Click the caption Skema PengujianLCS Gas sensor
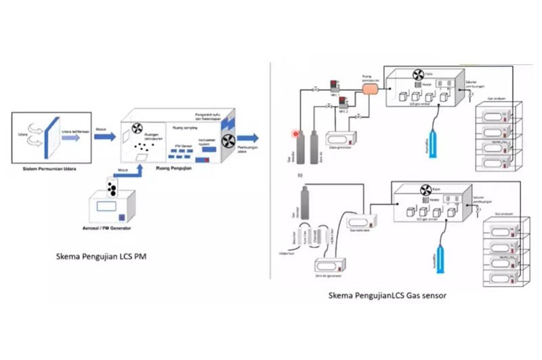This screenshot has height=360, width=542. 387,296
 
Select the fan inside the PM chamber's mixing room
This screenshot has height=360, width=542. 133,127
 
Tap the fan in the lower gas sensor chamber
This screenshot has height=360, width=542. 427,191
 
